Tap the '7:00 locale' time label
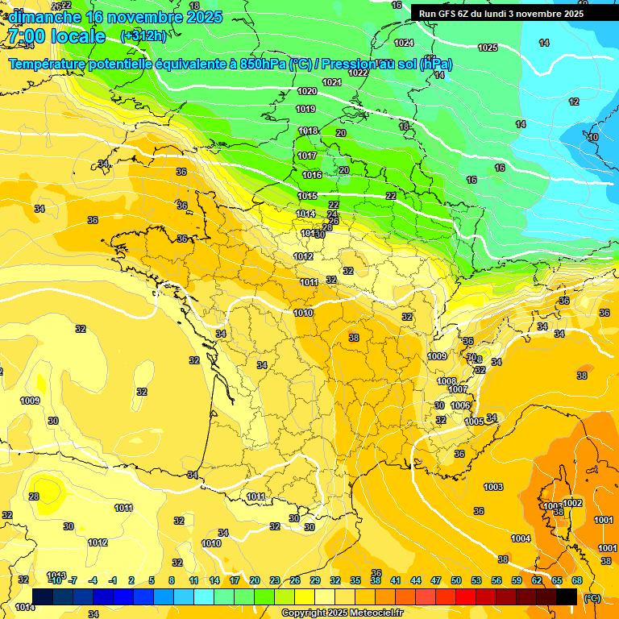56,36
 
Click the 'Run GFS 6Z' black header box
501,13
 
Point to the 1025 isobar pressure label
488,48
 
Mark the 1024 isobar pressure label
404,43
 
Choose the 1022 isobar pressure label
358,73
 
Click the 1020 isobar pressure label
307,92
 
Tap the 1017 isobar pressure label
307,156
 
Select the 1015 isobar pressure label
307,196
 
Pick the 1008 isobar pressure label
447,381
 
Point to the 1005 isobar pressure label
474,422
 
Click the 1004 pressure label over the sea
521,538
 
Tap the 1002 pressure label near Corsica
572,503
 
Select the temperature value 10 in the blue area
593,138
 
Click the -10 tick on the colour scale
54,580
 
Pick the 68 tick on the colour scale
577,580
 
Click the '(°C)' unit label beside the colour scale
592,597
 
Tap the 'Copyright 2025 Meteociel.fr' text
343,613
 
